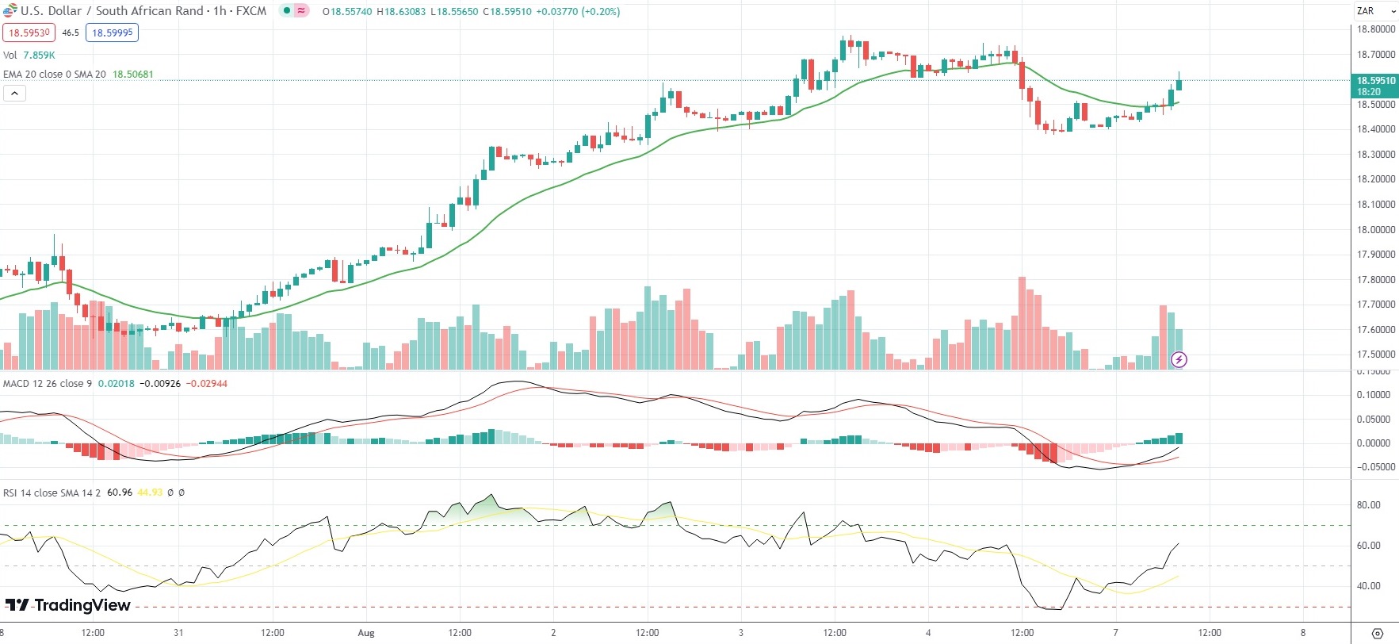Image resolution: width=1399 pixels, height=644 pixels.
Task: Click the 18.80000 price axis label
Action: coord(1375,29)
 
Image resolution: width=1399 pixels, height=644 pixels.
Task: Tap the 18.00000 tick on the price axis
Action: coord(1375,229)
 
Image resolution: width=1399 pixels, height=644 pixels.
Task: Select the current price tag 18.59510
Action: coord(1375,81)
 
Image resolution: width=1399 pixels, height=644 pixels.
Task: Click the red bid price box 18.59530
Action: coord(29,33)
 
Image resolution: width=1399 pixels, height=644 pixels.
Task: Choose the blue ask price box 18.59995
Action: coord(112,33)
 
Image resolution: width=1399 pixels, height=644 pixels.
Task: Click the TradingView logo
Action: coord(68,605)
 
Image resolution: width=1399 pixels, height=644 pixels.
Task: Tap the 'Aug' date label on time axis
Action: coord(365,633)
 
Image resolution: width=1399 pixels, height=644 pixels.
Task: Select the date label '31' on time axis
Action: coord(178,633)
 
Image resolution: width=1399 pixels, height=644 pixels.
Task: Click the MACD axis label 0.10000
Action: coord(1374,395)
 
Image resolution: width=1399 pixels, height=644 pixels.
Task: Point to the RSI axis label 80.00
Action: coord(1369,505)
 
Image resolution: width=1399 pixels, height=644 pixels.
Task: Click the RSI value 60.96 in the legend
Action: coord(120,493)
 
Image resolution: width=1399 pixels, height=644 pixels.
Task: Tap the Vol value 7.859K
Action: coord(40,56)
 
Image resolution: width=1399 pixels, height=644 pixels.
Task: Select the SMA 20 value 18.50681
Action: coord(133,75)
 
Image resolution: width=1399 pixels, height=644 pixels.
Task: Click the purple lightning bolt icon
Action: coord(1179,360)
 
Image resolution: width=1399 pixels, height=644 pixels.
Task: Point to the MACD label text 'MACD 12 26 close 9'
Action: coord(48,384)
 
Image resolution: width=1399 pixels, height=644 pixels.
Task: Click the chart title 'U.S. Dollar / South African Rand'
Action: coord(112,11)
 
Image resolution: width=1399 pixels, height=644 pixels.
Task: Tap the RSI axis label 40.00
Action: coord(1369,586)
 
